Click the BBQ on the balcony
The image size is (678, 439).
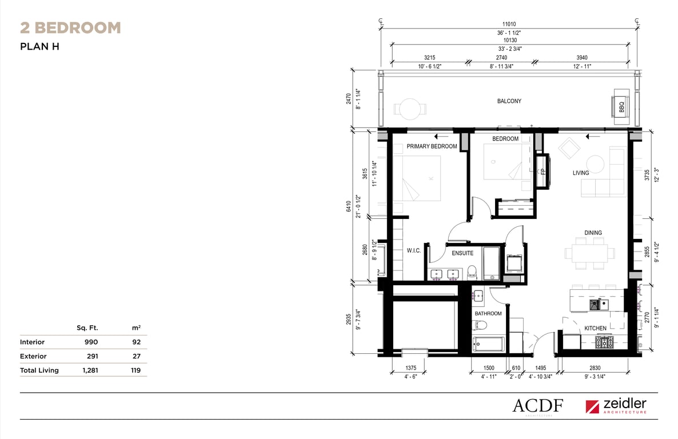(621, 106)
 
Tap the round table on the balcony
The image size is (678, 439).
(409, 109)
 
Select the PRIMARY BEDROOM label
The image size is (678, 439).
(432, 147)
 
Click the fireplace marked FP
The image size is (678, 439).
(543, 171)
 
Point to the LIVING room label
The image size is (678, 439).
(581, 173)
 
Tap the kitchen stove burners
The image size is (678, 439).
(604, 342)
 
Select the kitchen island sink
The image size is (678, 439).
(599, 305)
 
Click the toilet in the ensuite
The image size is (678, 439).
(472, 273)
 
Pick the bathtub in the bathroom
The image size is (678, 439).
(489, 344)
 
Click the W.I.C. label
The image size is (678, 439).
(413, 250)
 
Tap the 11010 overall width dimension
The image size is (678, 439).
(509, 24)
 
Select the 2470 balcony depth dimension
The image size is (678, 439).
(349, 99)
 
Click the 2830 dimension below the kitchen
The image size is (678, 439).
(595, 368)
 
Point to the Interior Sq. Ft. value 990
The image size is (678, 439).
(91, 342)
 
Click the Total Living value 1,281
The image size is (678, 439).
(90, 370)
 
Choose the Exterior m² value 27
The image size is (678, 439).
(137, 356)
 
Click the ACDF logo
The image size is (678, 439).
(538, 406)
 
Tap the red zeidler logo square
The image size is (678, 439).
(592, 406)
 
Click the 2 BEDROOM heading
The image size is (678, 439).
(70, 27)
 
